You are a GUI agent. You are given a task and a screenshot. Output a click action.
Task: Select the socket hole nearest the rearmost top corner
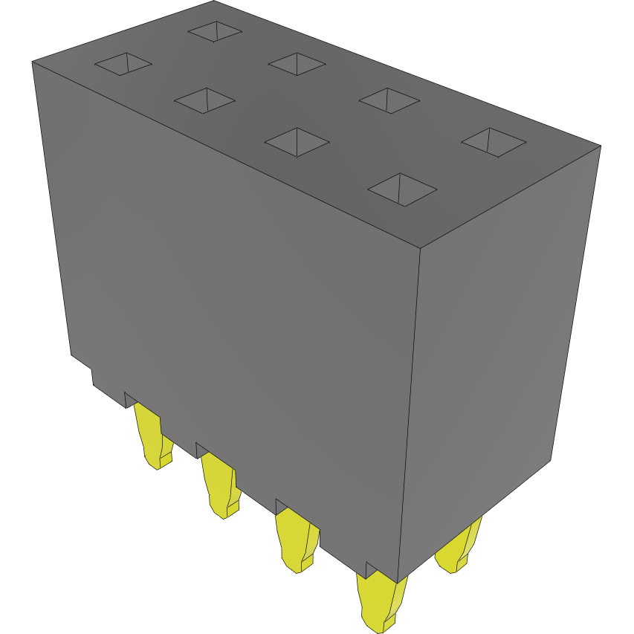click(x=215, y=30)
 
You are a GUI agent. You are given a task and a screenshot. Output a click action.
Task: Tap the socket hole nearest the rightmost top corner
click(x=494, y=141)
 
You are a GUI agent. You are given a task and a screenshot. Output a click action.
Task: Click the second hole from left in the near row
click(x=204, y=100)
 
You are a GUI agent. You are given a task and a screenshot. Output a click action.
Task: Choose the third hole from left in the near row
click(x=297, y=141)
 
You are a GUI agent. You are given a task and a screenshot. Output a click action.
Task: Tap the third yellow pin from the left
click(x=297, y=543)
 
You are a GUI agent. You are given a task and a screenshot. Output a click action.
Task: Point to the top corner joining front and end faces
click(x=421, y=247)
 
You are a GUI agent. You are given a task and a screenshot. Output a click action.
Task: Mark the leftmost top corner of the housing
click(x=32, y=62)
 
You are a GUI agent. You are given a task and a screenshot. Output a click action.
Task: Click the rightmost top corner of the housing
click(x=600, y=146)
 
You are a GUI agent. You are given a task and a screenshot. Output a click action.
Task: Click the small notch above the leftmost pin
click(x=129, y=398)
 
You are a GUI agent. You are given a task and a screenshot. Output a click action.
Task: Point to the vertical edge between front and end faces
click(x=410, y=409)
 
